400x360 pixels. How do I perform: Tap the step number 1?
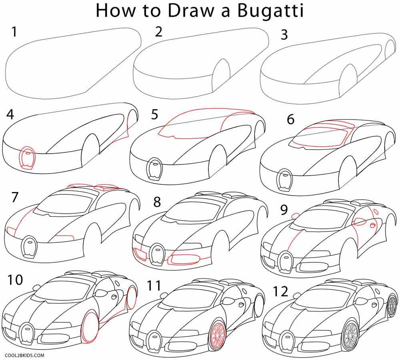(15, 32)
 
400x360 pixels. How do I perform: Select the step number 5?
(155, 115)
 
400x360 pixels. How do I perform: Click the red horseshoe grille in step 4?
(27, 159)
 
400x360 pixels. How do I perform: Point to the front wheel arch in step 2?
(221, 74)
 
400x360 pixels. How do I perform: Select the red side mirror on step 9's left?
(296, 215)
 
